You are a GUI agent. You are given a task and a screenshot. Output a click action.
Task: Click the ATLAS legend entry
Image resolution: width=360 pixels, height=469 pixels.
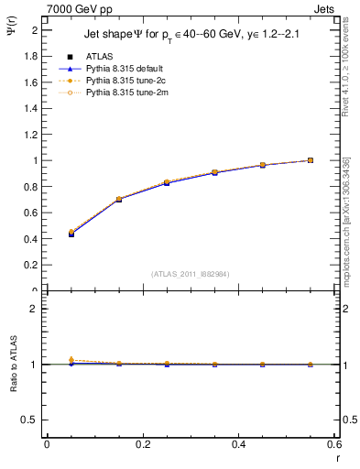point(96,57)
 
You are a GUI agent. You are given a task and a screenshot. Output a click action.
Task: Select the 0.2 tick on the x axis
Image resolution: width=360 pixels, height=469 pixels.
point(142,443)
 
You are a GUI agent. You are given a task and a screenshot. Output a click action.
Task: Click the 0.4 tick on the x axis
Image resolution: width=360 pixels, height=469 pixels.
point(238,443)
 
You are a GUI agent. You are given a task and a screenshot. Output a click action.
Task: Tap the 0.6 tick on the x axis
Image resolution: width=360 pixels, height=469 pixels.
point(333,443)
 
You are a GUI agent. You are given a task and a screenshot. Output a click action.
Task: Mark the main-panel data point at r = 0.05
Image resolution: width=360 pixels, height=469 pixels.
point(71,234)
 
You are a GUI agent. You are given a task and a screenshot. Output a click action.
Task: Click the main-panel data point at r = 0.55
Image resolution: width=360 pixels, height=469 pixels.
point(311,160)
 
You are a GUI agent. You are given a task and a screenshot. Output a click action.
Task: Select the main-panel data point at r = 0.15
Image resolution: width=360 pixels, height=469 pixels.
point(119,199)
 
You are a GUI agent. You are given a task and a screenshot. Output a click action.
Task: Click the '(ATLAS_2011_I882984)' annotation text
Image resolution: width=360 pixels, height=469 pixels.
point(191,273)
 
